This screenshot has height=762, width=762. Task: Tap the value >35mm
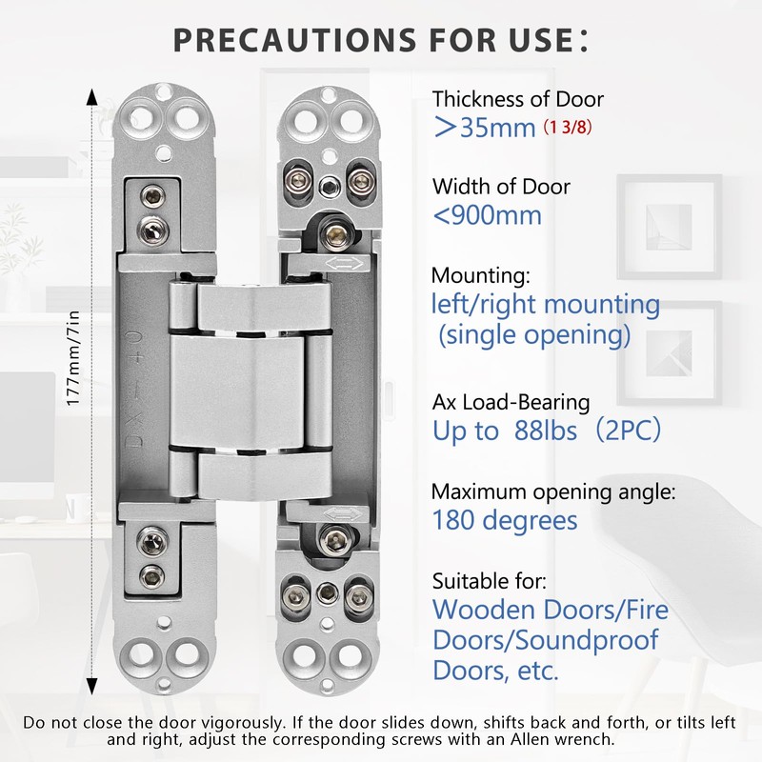(x=484, y=128)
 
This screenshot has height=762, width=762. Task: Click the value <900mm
(x=487, y=215)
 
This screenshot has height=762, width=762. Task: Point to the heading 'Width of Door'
(x=501, y=186)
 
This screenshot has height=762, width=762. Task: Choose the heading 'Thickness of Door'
(x=518, y=99)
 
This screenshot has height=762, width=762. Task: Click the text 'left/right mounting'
(x=546, y=306)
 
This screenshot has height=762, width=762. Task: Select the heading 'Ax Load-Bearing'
(x=511, y=403)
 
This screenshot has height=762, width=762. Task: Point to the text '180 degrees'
(x=505, y=520)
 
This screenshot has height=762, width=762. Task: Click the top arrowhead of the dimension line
(x=91, y=98)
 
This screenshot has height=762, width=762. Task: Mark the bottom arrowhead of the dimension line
(x=91, y=682)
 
